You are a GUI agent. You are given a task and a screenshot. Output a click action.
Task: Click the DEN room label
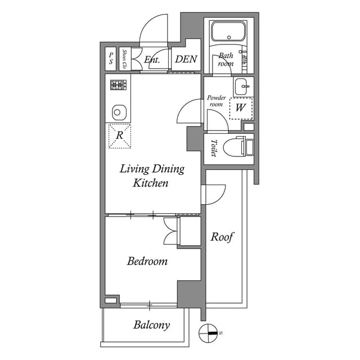point(185,59)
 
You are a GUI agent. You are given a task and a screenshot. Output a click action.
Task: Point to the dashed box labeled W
point(241,107)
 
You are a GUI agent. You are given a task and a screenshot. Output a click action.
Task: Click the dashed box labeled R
point(119,135)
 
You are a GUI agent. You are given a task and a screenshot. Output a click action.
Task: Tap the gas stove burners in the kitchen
point(118,85)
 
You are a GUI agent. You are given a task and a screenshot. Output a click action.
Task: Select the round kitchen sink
point(118,111)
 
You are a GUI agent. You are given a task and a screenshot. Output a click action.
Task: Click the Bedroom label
point(147,261)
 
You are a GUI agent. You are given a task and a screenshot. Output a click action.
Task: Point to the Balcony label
point(151,325)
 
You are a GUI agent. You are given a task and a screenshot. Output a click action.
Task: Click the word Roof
point(222,237)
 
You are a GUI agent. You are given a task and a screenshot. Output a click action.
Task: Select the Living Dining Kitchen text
point(151,176)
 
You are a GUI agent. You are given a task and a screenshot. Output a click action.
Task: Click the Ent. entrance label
point(152,59)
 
